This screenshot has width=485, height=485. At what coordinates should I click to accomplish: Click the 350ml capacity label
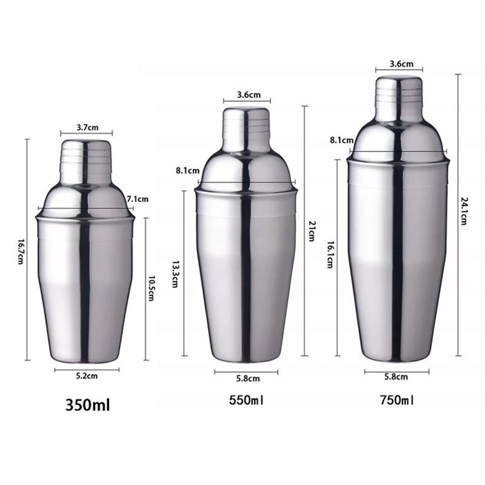pyautogui.click(x=87, y=405)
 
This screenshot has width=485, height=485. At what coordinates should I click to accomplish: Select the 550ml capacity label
pyautogui.click(x=246, y=400)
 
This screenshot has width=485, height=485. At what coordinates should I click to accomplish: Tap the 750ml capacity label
pyautogui.click(x=397, y=400)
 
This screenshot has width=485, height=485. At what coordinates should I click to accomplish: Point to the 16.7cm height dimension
pyautogui.click(x=21, y=252)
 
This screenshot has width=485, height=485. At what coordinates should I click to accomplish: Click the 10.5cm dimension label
pyautogui.click(x=151, y=289)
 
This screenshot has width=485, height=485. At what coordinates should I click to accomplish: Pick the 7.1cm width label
pyautogui.click(x=138, y=199)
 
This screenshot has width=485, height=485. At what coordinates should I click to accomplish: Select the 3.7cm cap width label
pyautogui.click(x=87, y=127)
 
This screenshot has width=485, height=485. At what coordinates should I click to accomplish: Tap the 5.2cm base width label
pyautogui.click(x=87, y=376)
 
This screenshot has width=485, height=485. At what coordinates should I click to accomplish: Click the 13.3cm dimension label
pyautogui.click(x=175, y=274)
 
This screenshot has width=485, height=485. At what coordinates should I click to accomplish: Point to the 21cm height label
pyautogui.click(x=312, y=231)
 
